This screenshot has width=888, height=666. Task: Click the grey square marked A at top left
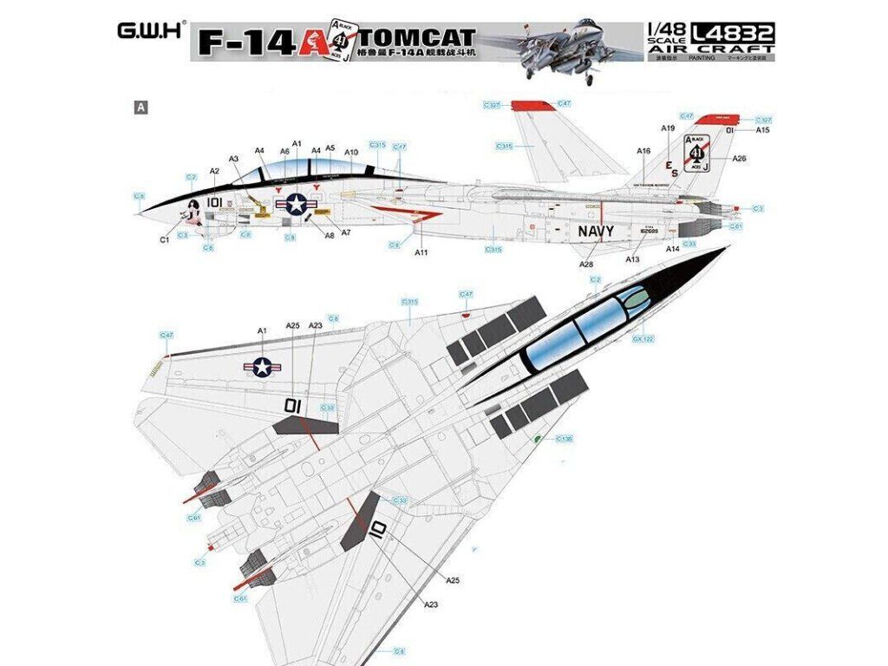138,108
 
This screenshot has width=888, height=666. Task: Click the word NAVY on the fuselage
596,232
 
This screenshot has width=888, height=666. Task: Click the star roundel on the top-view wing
262,368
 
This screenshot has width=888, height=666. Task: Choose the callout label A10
351,153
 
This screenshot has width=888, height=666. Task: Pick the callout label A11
422,252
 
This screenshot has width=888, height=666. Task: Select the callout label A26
739,159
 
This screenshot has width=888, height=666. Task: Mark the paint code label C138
564,439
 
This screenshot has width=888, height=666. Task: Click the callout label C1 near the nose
164,239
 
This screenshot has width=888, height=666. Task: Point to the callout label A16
643,151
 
